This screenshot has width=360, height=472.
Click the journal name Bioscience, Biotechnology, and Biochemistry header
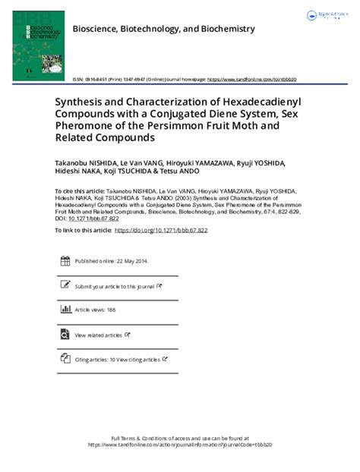[x=163, y=29]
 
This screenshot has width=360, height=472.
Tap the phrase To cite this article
[x=76, y=193]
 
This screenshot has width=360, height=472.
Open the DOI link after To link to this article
[x=160, y=230]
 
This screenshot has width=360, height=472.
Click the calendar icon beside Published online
[x=65, y=260]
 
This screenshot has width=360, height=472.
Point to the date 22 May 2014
[x=130, y=261]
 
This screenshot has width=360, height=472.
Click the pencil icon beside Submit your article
[x=65, y=285]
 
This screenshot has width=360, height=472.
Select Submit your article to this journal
[x=114, y=286]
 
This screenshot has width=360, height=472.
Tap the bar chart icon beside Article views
[x=65, y=310]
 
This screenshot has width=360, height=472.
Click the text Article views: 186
[x=95, y=310]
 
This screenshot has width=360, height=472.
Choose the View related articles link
[x=98, y=335]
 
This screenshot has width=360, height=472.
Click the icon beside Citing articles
[x=65, y=359]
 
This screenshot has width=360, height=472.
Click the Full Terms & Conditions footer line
[x=180, y=439]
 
